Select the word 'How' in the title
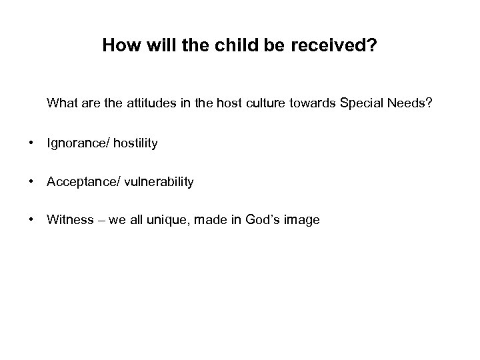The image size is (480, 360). coord(117,47)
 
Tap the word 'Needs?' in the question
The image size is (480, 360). coord(409,104)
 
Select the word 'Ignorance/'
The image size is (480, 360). coord(75,143)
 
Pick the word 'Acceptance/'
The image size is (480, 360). coord(78,181)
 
